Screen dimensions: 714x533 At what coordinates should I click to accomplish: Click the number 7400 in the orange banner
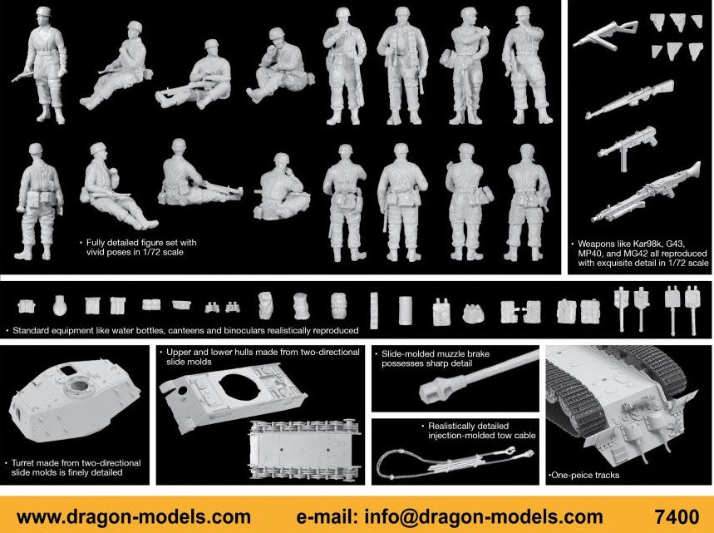[x=677, y=516]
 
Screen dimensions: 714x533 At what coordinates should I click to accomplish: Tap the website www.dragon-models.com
[x=134, y=517]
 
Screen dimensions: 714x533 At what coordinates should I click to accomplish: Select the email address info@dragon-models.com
[x=484, y=517]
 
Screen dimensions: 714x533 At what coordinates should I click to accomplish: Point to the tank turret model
[x=74, y=400]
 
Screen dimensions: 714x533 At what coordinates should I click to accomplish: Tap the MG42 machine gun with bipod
[x=647, y=192]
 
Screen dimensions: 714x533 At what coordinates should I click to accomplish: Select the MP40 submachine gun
[x=628, y=146]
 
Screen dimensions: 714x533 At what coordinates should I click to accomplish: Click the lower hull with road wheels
[x=304, y=450]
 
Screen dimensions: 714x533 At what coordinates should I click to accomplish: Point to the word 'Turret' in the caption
[x=24, y=463]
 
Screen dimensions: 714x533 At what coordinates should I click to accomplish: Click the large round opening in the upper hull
[x=239, y=387]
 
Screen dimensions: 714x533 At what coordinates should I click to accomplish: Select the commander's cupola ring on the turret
[x=78, y=385]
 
